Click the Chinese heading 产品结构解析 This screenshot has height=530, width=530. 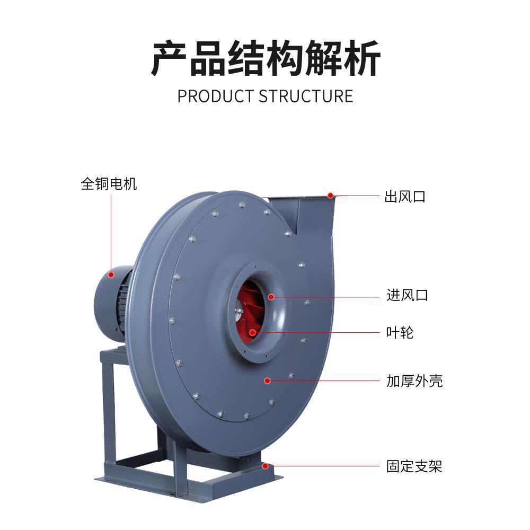(x=266, y=58)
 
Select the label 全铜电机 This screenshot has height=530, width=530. (x=109, y=184)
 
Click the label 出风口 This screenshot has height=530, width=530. (x=405, y=197)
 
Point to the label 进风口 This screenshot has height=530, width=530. (x=407, y=295)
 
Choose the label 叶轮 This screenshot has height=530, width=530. (x=400, y=333)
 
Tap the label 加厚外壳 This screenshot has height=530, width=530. (x=414, y=381)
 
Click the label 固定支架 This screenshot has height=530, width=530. (x=414, y=466)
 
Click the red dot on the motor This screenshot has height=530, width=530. (x=111, y=275)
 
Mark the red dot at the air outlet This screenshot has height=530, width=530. (x=330, y=195)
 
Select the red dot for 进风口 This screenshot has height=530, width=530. (x=271, y=296)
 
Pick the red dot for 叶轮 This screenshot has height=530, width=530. (x=252, y=333)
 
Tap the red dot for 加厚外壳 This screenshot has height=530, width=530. (x=268, y=380)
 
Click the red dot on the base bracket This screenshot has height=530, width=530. (x=265, y=466)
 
